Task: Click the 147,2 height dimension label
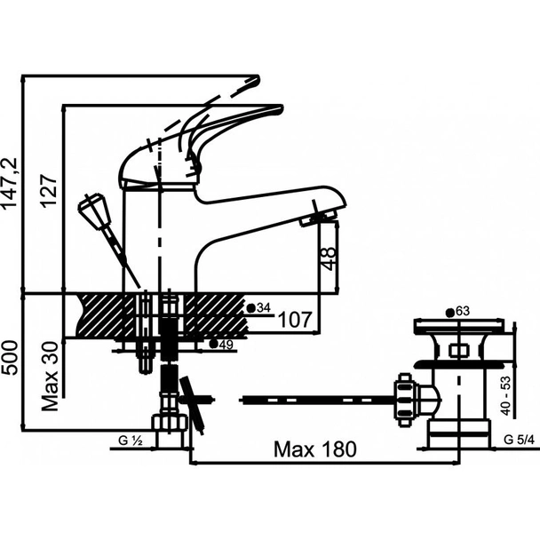(x=11, y=184)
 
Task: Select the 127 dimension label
(x=48, y=190)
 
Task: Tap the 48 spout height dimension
(x=329, y=258)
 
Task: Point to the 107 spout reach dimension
(x=295, y=320)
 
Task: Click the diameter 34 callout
(x=259, y=307)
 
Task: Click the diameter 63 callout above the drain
(x=457, y=312)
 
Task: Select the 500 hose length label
(x=11, y=357)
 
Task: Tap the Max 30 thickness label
(x=50, y=377)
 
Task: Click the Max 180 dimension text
(x=315, y=449)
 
